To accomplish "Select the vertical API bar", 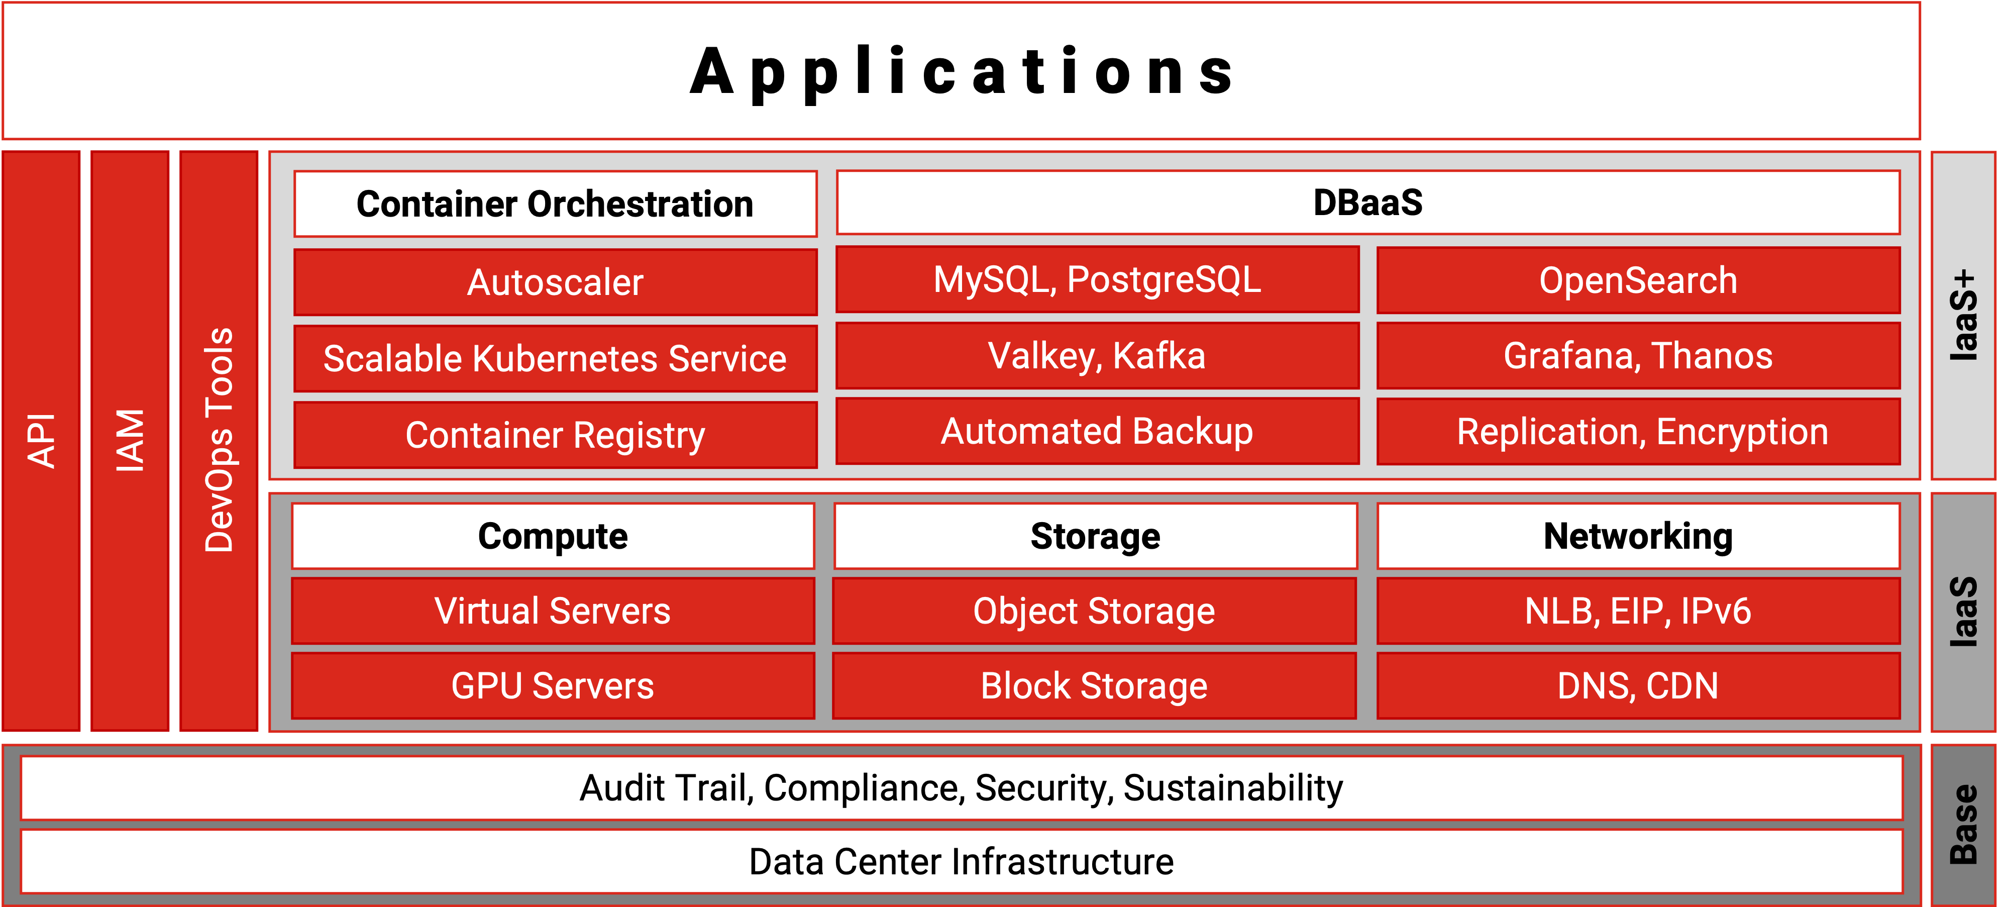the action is tap(41, 441).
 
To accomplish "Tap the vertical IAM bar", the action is tap(130, 441).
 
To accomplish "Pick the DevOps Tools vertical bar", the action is tap(219, 441).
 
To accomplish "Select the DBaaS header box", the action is tap(1368, 202).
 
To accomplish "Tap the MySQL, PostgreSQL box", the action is tap(1097, 279).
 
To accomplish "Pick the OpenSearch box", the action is tap(1638, 280).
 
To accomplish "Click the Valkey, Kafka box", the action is tap(1097, 355).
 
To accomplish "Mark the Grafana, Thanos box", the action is tap(1638, 355).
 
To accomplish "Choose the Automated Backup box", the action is tap(1097, 431).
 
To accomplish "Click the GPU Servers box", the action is tap(553, 685).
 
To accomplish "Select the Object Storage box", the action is tap(1094, 611).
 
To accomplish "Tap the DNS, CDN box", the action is tap(1638, 685).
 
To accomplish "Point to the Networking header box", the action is tap(1638, 536).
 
